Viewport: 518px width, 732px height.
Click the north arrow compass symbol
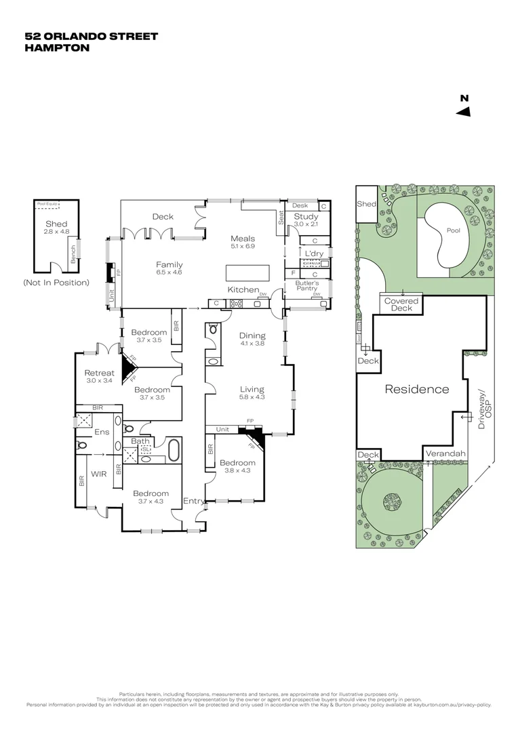click(464, 111)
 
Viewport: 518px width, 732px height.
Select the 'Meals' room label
click(243, 238)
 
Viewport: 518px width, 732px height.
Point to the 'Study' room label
click(306, 216)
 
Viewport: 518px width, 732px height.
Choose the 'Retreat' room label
click(98, 373)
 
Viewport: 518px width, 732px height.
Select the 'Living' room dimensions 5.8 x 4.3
click(252, 398)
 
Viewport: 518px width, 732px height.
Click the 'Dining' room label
click(252, 335)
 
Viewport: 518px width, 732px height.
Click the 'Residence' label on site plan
click(416, 389)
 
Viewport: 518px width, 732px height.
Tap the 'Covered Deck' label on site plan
click(401, 304)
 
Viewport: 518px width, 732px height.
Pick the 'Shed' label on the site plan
click(366, 204)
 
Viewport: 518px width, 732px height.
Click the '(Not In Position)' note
click(56, 282)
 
